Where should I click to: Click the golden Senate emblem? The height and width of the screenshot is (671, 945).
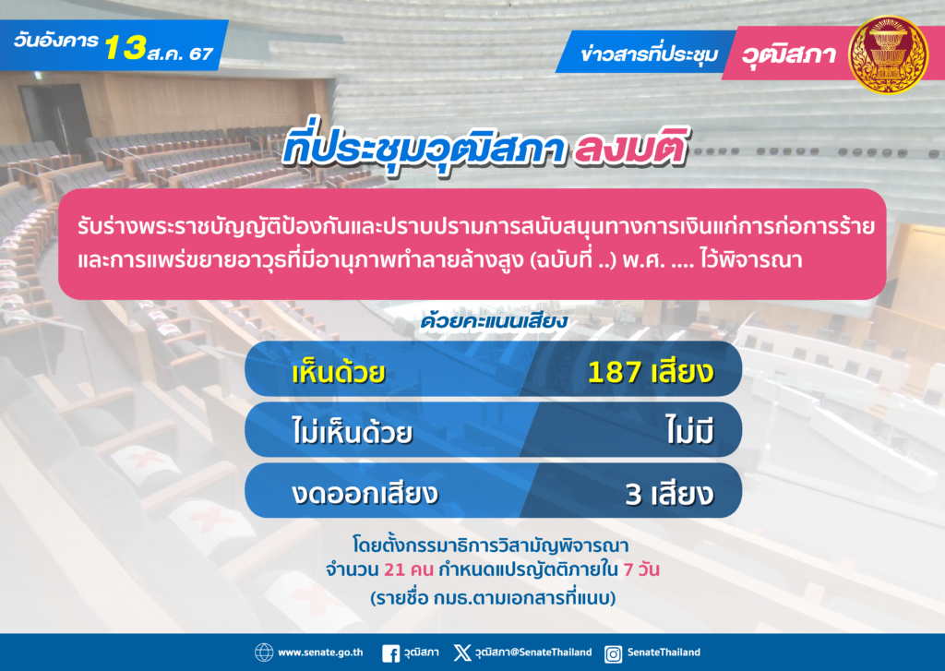tap(888, 54)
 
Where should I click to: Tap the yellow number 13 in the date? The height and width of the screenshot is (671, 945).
tap(126, 47)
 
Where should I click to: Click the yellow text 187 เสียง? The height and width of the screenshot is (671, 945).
tap(651, 371)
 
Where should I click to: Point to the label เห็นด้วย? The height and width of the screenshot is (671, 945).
tap(338, 371)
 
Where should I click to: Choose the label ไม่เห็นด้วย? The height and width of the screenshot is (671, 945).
tap(352, 431)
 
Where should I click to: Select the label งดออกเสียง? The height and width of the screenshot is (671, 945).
tap(365, 493)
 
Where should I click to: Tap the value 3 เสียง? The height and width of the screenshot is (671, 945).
tap(669, 493)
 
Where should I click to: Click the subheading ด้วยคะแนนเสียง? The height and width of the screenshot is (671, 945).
tap(494, 320)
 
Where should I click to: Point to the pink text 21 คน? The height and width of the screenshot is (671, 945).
tap(409, 569)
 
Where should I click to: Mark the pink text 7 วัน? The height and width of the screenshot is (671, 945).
tap(641, 569)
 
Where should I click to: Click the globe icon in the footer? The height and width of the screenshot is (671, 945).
tap(264, 653)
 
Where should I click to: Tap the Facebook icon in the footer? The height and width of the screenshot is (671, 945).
tap(390, 653)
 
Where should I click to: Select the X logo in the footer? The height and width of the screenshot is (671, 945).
tap(462, 653)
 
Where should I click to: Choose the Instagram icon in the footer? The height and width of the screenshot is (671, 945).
tap(613, 653)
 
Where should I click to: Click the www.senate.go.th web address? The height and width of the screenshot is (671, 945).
tap(320, 653)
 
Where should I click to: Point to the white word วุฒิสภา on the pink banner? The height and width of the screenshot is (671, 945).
tap(788, 54)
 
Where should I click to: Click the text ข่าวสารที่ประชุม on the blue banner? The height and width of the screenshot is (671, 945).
tap(649, 54)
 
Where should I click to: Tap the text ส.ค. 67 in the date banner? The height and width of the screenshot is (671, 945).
tap(180, 53)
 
